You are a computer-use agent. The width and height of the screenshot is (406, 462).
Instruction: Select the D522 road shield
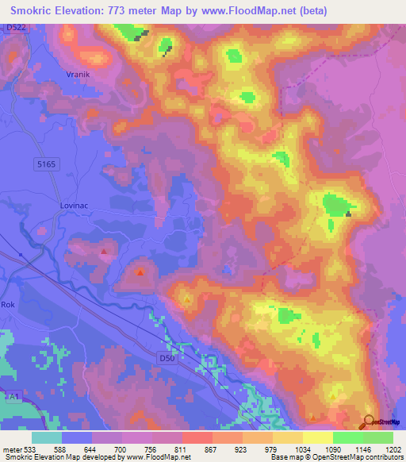pyautogui.click(x=13, y=29)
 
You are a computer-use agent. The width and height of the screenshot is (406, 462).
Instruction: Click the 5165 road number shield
pyautogui.click(x=48, y=164)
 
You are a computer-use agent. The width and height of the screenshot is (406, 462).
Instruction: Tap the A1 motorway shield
pyautogui.click(x=12, y=395)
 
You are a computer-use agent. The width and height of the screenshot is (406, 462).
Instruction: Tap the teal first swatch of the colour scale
pyautogui.click(x=47, y=437)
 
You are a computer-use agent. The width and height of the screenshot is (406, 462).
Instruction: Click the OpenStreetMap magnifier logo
pyautogui.click(x=370, y=422)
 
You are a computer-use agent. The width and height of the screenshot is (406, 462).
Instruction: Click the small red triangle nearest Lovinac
pyautogui.click(x=105, y=252)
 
